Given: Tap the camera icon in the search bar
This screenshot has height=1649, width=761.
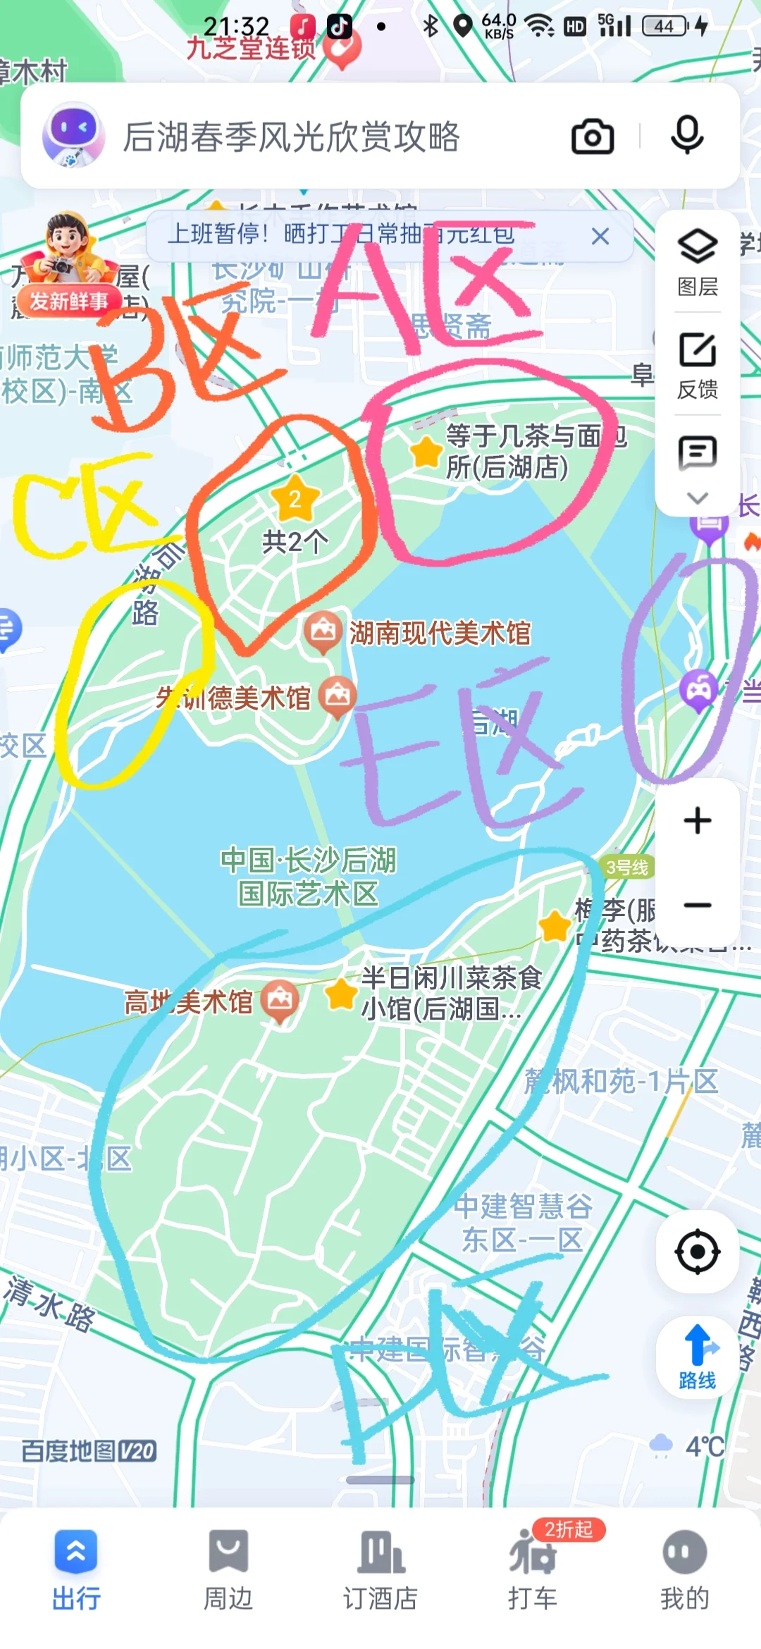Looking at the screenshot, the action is pyautogui.click(x=592, y=137).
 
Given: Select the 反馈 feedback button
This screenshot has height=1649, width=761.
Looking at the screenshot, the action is pyautogui.click(x=698, y=365).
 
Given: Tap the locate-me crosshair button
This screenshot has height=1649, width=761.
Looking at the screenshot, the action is pyautogui.click(x=698, y=1252).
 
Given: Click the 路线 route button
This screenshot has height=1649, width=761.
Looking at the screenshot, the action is pyautogui.click(x=698, y=1357).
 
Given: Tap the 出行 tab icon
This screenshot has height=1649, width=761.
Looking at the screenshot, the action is pyautogui.click(x=76, y=1552).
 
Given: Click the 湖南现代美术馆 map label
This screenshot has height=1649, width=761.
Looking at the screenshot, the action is pyautogui.click(x=440, y=633).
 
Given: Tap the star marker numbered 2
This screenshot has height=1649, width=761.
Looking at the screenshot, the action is pyautogui.click(x=295, y=499).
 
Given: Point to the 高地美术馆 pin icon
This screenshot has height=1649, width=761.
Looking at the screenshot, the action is pyautogui.click(x=280, y=999).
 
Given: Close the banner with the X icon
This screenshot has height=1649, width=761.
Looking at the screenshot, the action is pyautogui.click(x=600, y=236).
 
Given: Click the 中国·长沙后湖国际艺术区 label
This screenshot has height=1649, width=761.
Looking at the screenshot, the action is pyautogui.click(x=309, y=877).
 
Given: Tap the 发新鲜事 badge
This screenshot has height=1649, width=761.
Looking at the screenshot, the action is pyautogui.click(x=68, y=301).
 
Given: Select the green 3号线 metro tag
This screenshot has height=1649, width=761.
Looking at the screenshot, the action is pyautogui.click(x=626, y=867).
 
